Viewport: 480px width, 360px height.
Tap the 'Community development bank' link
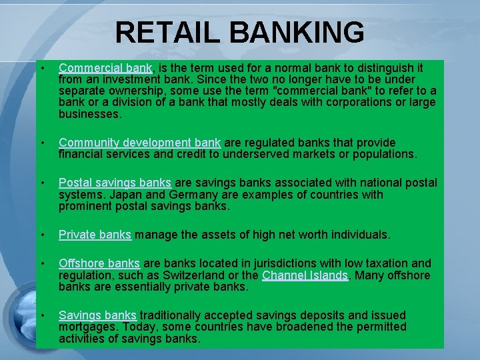(x=139, y=143)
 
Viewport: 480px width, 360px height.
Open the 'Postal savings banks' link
(x=115, y=183)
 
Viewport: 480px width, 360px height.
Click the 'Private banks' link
(x=95, y=235)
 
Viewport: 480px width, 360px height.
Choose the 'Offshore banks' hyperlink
(x=99, y=263)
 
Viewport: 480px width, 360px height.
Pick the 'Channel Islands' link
(x=305, y=275)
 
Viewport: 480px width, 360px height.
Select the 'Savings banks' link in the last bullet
(x=97, y=315)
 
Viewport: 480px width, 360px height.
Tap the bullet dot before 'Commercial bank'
(x=42, y=68)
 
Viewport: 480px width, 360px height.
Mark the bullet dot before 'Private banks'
(x=42, y=235)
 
